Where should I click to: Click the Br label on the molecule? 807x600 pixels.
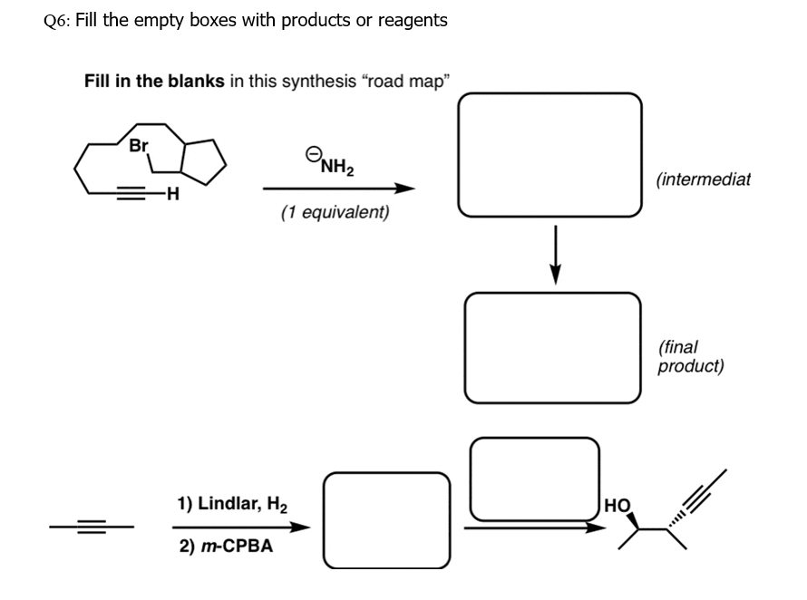pyautogui.click(x=139, y=145)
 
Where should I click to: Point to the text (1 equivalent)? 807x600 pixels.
pyautogui.click(x=335, y=213)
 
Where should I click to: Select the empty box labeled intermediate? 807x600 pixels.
pyautogui.click(x=549, y=156)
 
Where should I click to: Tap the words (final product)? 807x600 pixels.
pyautogui.click(x=690, y=357)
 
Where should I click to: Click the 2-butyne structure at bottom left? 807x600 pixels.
pyautogui.click(x=92, y=526)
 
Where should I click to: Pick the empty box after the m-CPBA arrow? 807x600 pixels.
pyautogui.click(x=387, y=520)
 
